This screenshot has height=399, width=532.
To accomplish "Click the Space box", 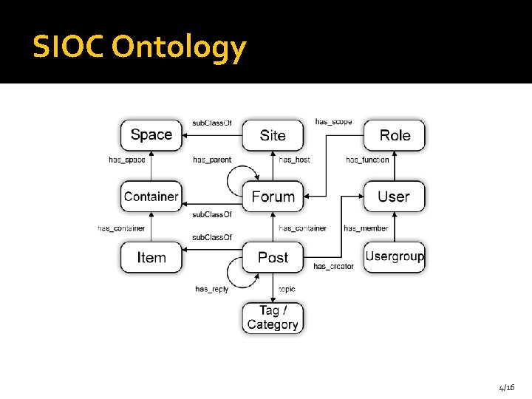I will coord(151,135).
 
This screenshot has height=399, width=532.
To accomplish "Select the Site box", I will coord(273,135).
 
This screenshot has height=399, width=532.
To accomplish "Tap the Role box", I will coord(395,135).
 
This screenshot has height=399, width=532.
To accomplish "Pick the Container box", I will coord(151,197).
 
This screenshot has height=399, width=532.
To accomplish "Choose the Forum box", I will coord(273,197).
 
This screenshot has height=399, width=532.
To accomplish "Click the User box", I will coord(394,197).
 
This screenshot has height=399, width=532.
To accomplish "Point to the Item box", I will coord(151,258).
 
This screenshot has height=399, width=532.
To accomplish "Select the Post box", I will coord(273,258).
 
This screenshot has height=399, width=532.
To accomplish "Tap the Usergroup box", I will coord(395,257).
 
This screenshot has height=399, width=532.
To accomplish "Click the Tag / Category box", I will coord(273,318).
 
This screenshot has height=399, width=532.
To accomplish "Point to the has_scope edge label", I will coord(333,121).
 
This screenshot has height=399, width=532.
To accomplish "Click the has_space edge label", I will coord(127,160).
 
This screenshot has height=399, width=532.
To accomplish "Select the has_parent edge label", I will coord(212,160).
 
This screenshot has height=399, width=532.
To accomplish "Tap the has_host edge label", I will coord(294,160).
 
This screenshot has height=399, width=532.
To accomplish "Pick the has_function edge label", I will coord(367,160).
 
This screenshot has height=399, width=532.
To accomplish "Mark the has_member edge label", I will coord(366,228).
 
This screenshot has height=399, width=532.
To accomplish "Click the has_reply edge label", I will coord(212,289).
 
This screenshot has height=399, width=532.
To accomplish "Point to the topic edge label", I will coord(287,289).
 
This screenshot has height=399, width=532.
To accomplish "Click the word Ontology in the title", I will coord(179,48).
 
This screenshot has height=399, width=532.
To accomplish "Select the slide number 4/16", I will coord(507,387).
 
